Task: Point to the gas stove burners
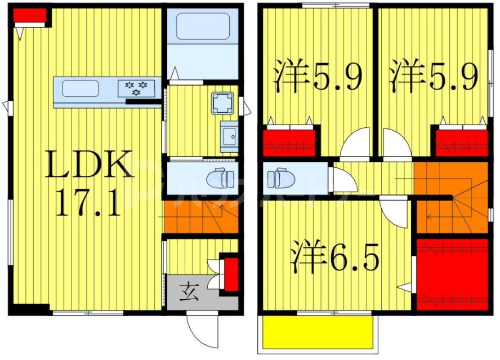pos(136,87)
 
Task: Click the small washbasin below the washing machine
pos(229,136)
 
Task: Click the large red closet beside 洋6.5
pos(452,274)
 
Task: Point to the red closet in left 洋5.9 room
pos(289,143)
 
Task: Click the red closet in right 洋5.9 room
pos(461,143)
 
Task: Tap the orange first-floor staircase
pos(200,217)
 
